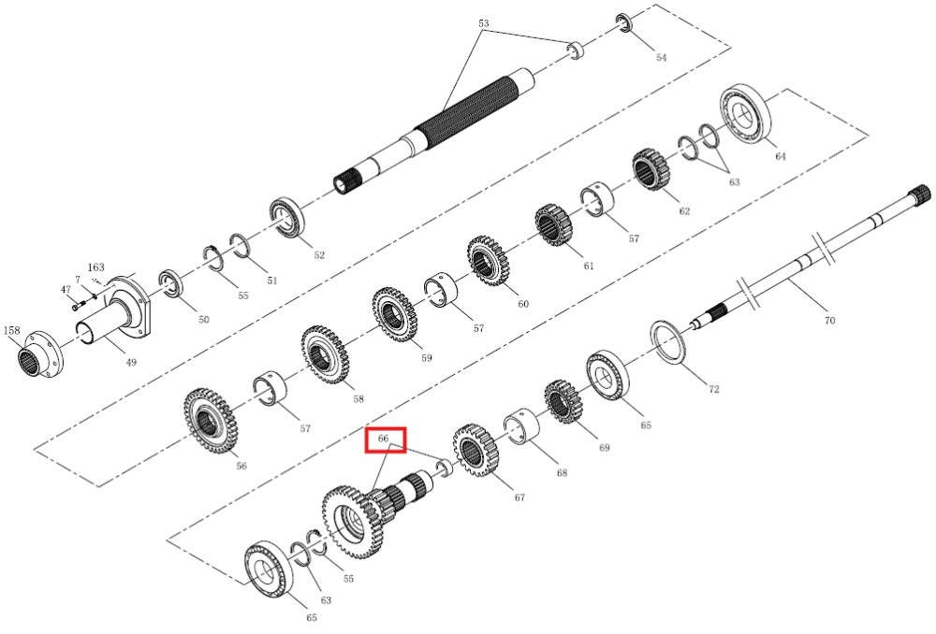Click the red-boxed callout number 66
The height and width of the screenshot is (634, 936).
pyautogui.click(x=383, y=439)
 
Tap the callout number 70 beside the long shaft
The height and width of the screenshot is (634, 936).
pyautogui.click(x=829, y=321)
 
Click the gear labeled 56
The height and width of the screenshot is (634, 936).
pyautogui.click(x=211, y=421)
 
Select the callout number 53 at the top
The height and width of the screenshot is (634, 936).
pyautogui.click(x=484, y=23)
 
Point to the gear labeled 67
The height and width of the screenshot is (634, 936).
pyautogui.click(x=475, y=451)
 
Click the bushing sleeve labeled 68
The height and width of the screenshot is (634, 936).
pyautogui.click(x=521, y=425)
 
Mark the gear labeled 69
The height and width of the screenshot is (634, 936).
pyautogui.click(x=563, y=401)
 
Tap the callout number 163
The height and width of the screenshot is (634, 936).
pyautogui.click(x=96, y=267)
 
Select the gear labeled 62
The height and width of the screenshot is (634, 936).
pyautogui.click(x=651, y=170)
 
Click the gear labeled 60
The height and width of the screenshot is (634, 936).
pyautogui.click(x=488, y=261)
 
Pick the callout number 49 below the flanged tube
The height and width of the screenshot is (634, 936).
pyautogui.click(x=131, y=362)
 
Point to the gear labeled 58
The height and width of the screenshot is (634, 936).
pyautogui.click(x=325, y=355)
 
